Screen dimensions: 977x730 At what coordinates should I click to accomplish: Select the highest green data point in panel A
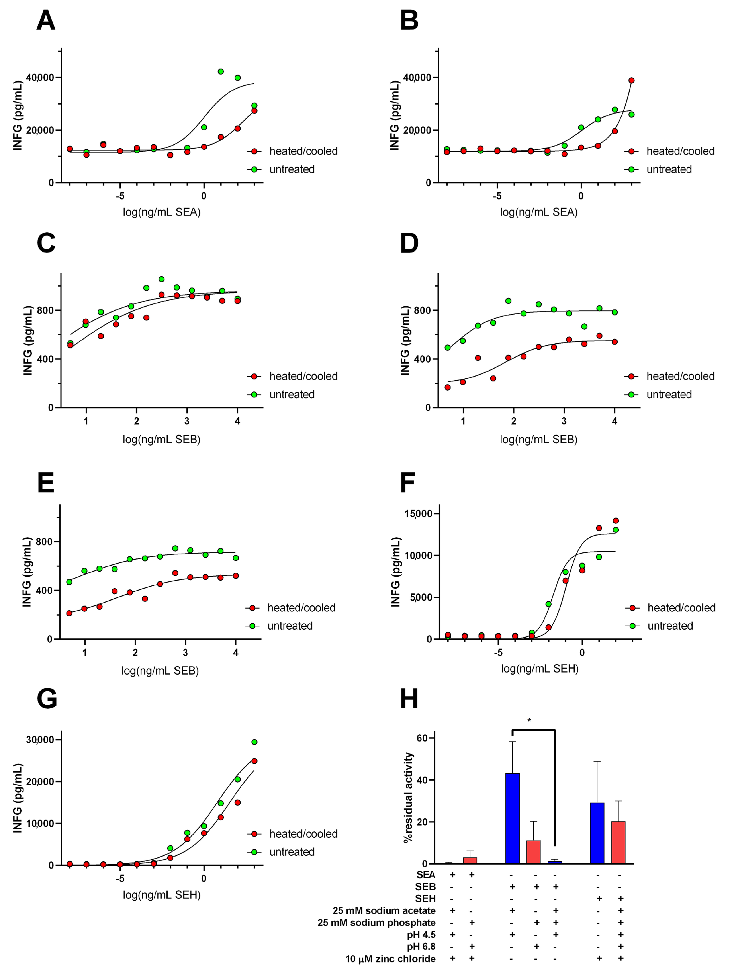pyautogui.click(x=220, y=71)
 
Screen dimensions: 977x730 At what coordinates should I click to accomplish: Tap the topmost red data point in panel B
pyautogui.click(x=631, y=80)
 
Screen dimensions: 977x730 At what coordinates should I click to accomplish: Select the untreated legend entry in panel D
pyautogui.click(x=669, y=394)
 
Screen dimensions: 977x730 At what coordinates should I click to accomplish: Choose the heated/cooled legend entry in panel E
pyautogui.click(x=301, y=608)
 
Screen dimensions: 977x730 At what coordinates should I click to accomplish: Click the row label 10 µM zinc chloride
pyautogui.click(x=390, y=959)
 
